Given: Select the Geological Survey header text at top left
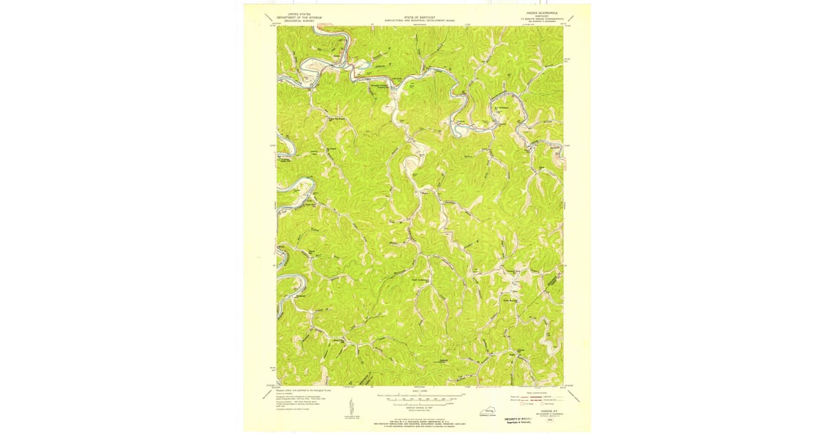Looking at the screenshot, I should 294,19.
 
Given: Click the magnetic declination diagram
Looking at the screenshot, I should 348,406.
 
